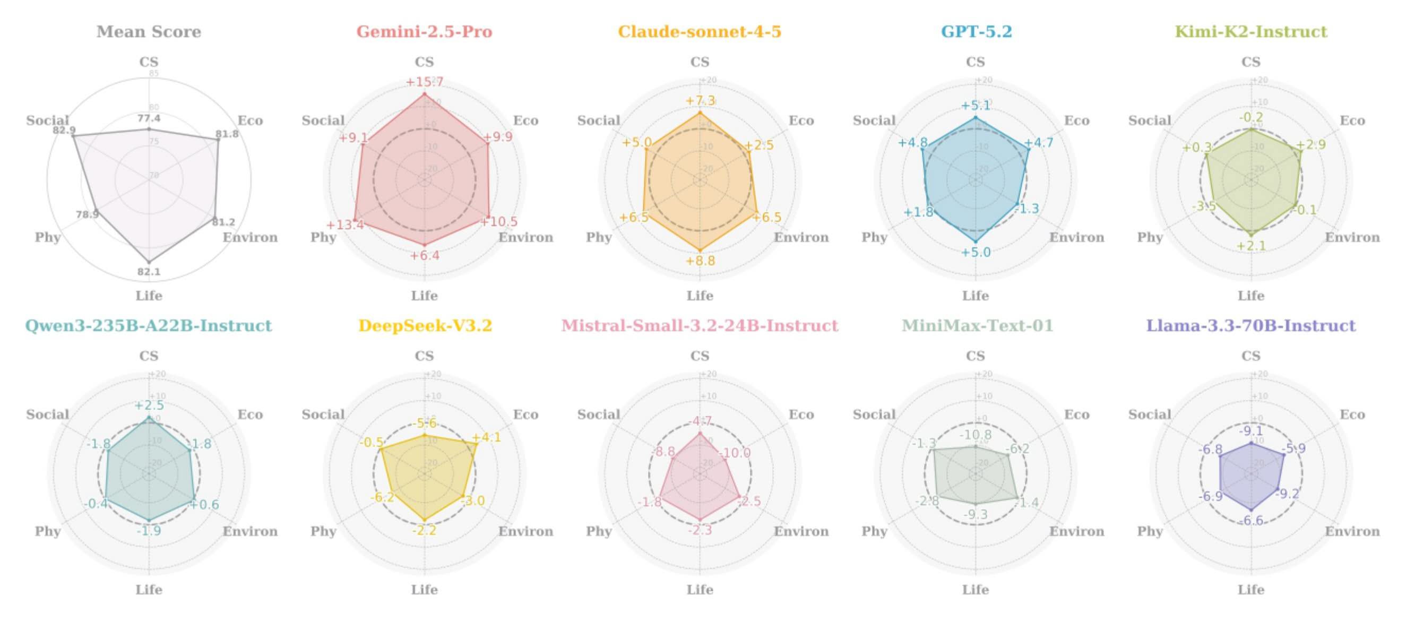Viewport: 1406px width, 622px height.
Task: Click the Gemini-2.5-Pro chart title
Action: click(424, 32)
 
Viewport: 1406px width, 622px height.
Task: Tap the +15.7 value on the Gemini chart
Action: click(424, 82)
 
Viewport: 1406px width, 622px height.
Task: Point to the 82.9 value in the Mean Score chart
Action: click(64, 131)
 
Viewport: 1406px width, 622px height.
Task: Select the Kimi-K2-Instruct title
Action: click(1250, 32)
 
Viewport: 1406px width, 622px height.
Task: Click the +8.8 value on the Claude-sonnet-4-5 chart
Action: click(700, 261)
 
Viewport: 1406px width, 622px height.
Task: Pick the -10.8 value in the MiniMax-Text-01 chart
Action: click(976, 435)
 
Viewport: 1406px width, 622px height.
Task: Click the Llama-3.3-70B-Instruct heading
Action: click(1250, 326)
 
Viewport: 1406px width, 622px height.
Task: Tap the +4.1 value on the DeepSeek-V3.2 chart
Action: click(486, 438)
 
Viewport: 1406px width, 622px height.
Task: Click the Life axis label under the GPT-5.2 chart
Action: click(976, 296)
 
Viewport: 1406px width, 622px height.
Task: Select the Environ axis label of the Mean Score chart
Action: click(250, 237)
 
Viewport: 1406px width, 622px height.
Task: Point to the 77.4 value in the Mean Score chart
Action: click(149, 118)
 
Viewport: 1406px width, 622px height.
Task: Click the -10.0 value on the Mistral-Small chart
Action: click(735, 453)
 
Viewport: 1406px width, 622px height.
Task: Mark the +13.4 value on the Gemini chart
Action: click(345, 225)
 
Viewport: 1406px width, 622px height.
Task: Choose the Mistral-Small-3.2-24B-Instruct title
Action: click(700, 326)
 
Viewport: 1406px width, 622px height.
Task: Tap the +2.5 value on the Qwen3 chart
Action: click(149, 405)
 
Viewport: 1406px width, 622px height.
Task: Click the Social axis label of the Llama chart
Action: click(1150, 414)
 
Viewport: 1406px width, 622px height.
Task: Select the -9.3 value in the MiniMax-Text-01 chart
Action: click(976, 514)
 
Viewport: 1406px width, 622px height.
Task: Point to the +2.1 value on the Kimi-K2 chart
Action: click(1251, 246)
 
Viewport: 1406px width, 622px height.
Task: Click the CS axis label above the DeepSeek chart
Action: click(424, 356)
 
